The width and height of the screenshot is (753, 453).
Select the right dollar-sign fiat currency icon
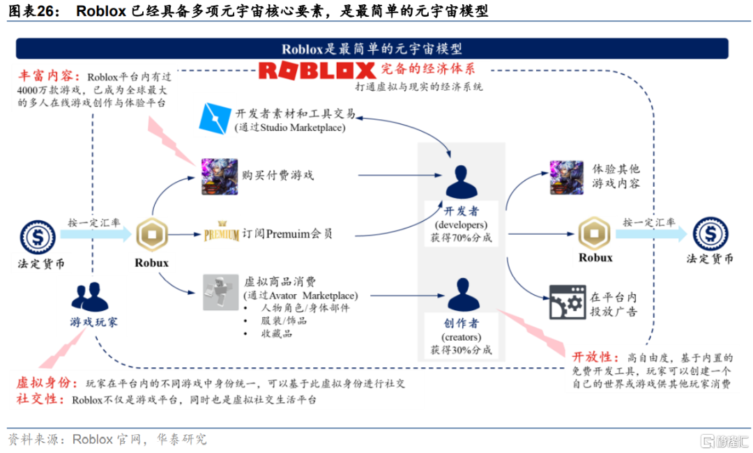point(710,234)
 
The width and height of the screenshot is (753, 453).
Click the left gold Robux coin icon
point(151,235)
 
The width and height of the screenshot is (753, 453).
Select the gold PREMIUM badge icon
point(222,234)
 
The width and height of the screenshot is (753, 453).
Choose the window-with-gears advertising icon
point(565,302)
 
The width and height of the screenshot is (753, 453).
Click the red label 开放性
point(591,357)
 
